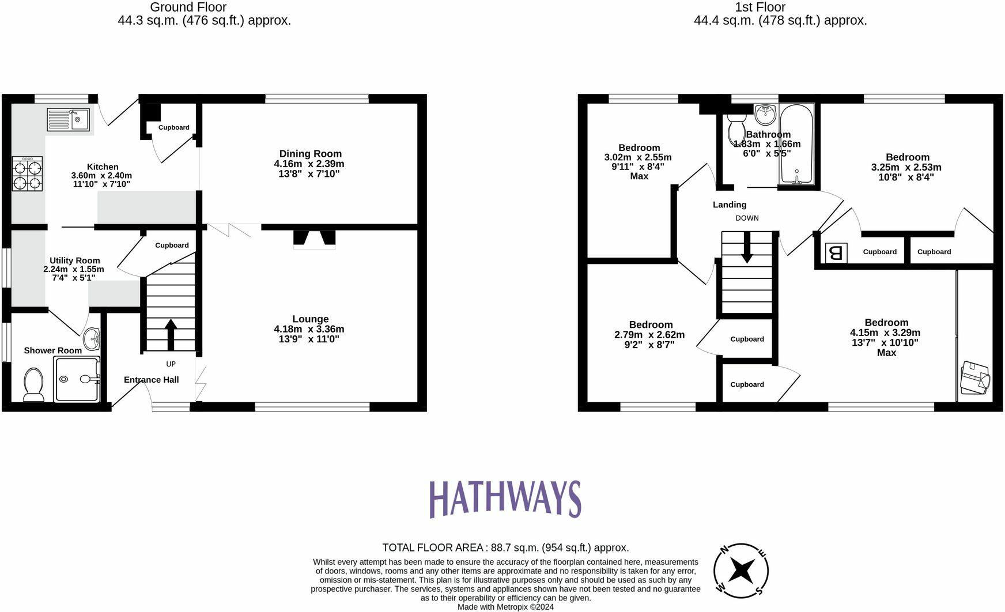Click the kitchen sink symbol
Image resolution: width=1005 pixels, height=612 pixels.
pos(68,120)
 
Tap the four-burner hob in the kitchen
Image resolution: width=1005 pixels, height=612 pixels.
pos(27,174)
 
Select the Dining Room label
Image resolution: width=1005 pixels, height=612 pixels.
pos(310,154)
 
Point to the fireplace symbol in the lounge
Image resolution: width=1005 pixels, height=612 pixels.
pos(314,239)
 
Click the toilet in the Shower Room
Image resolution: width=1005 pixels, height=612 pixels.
pos(33,384)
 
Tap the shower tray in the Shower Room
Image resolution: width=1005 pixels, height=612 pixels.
pos(76,379)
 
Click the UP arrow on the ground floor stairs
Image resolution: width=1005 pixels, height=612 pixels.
pos(171,335)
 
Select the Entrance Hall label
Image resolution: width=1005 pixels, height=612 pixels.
pos(151,380)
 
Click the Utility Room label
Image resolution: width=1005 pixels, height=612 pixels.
pos(74,260)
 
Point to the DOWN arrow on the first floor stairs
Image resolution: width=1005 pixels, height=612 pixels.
pos(747,248)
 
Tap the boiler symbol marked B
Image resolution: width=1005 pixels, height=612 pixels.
pos(836,252)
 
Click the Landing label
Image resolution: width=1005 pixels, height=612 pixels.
pos(729,205)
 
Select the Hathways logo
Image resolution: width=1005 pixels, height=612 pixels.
pos(505,499)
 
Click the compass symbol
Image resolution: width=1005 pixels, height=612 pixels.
pos(740,571)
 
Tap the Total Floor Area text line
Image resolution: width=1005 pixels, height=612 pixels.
pos(505,547)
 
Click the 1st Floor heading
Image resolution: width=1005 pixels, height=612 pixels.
pos(760,7)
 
